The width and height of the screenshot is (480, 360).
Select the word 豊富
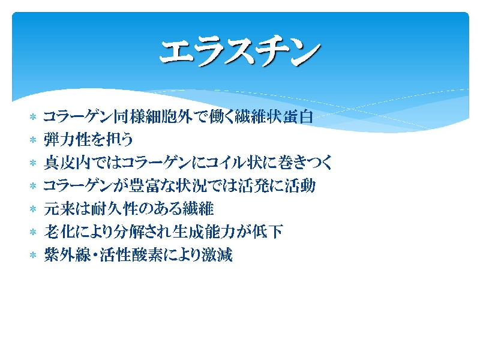point(143,185)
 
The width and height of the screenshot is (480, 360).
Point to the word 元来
point(59,209)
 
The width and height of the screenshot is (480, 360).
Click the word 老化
point(59,232)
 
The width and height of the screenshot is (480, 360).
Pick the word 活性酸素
point(131,254)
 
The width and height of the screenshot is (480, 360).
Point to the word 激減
point(217,254)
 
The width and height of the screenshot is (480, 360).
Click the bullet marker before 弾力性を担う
point(33,140)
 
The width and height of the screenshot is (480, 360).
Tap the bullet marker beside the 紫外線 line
point(33,255)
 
